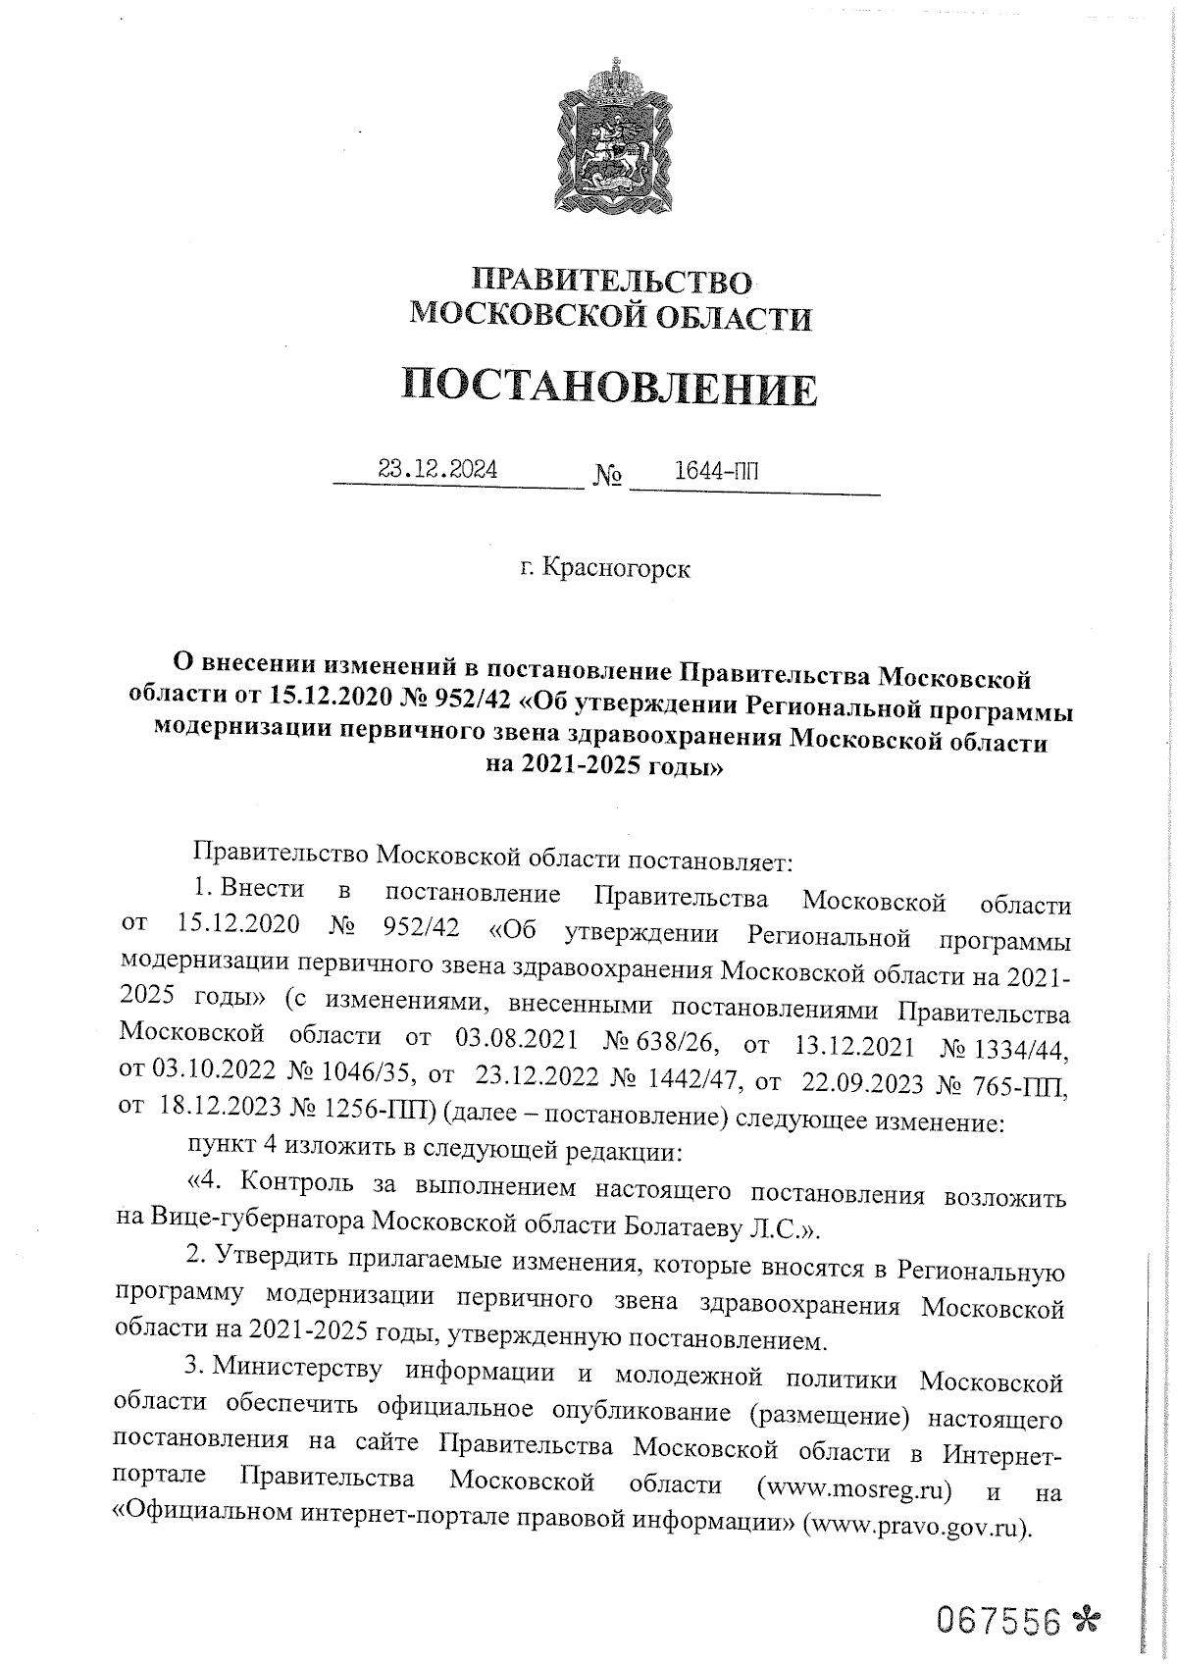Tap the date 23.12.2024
pyautogui.click(x=437, y=470)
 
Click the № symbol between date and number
pyautogui.click(x=607, y=477)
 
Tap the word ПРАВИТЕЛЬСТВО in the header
pyautogui.click(x=612, y=282)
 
